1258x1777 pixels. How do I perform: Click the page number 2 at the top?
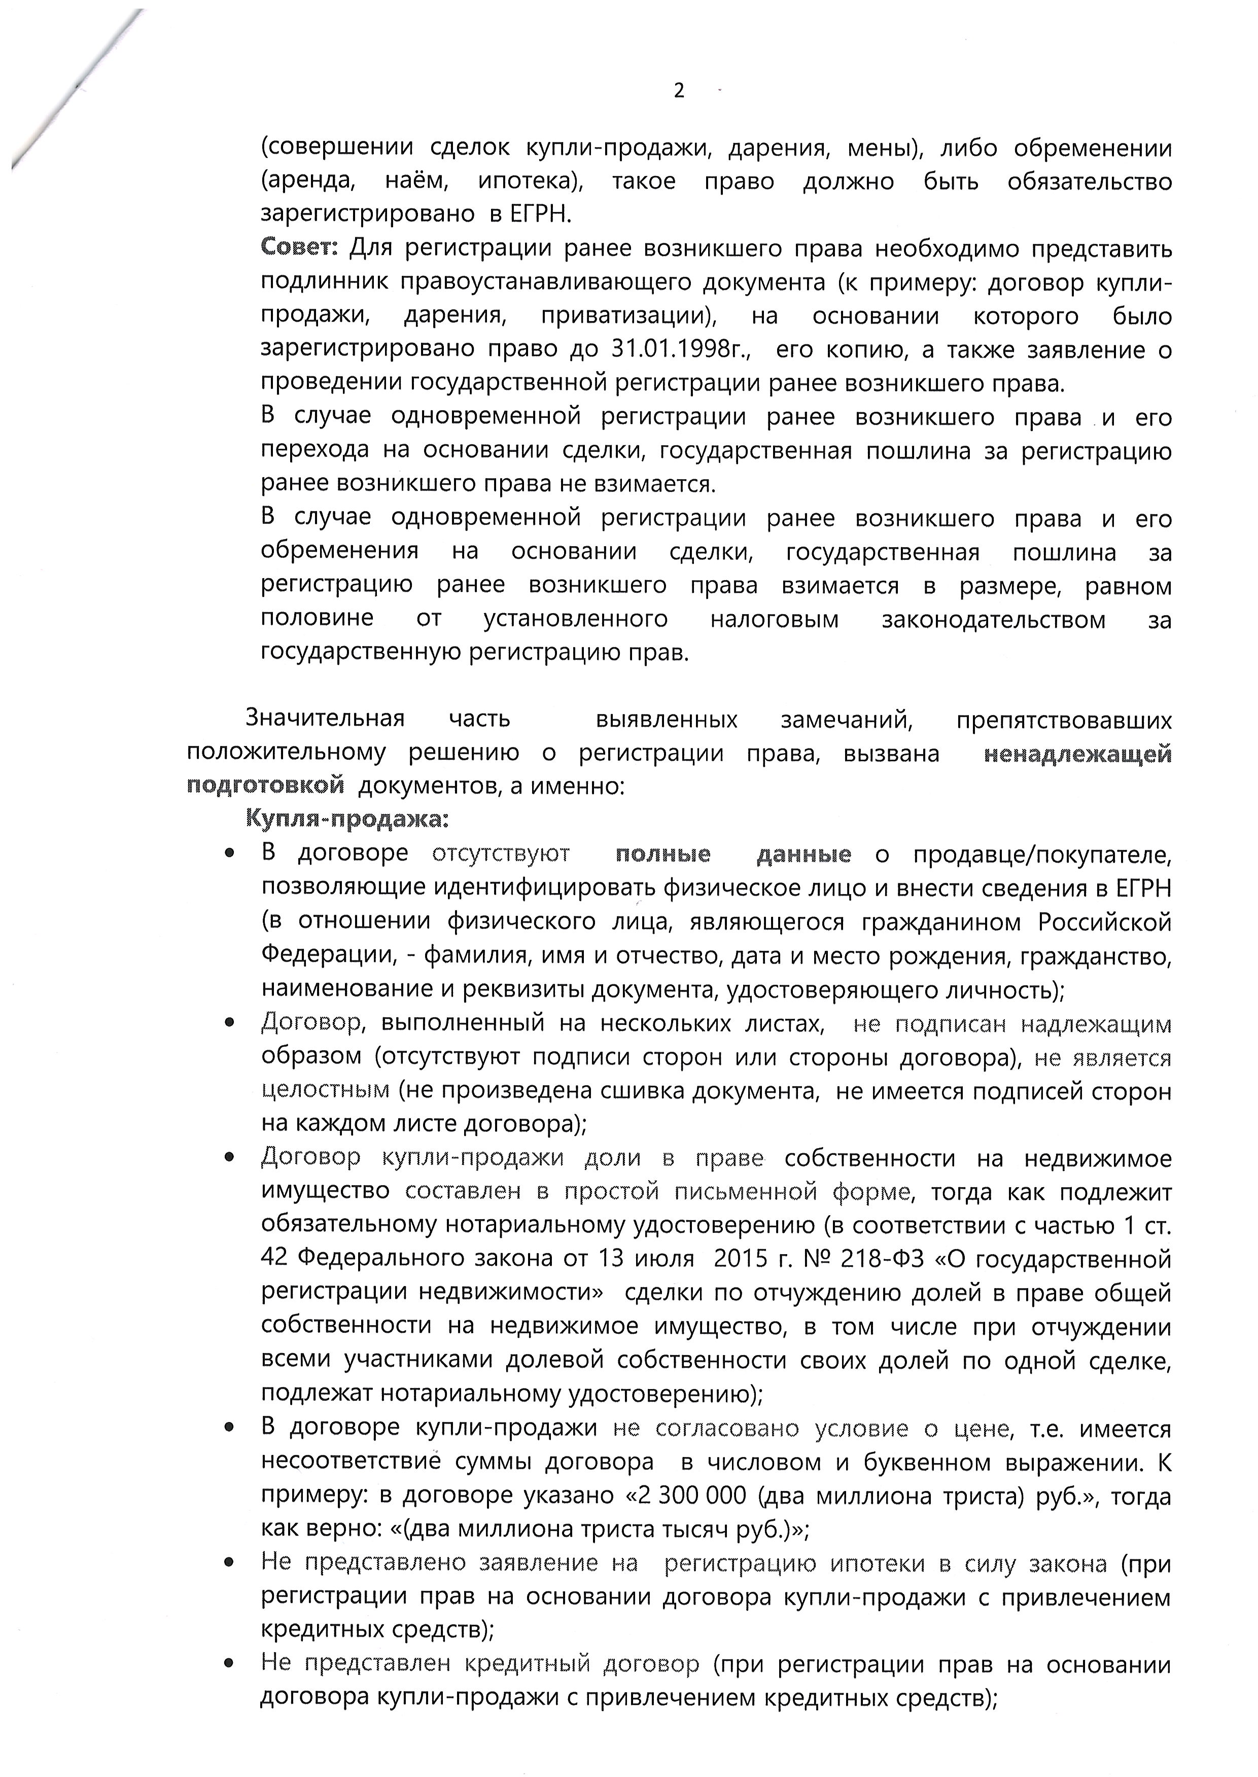tap(679, 91)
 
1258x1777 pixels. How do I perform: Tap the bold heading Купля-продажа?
tap(347, 819)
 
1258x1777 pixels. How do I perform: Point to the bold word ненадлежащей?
tap(1077, 754)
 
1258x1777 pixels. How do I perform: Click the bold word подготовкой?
tap(266, 786)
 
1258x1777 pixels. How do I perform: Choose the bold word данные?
tap(803, 854)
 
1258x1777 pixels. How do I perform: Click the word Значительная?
tap(325, 719)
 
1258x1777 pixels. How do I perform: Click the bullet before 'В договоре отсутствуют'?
tap(229, 854)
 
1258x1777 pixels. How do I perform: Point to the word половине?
tap(317, 619)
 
